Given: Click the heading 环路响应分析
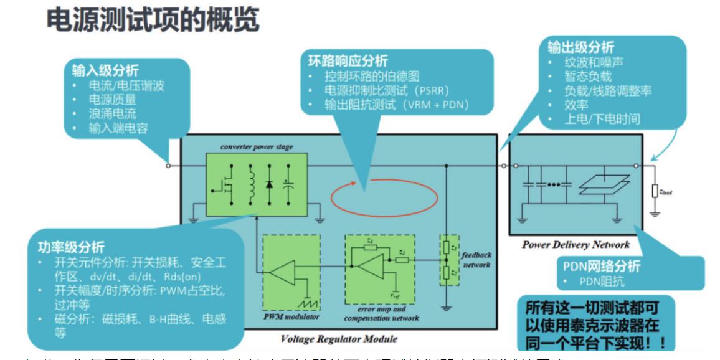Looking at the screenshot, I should tap(348, 60).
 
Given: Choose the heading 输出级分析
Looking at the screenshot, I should tap(581, 47).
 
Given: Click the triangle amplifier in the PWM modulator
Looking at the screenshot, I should tap(288, 272).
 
